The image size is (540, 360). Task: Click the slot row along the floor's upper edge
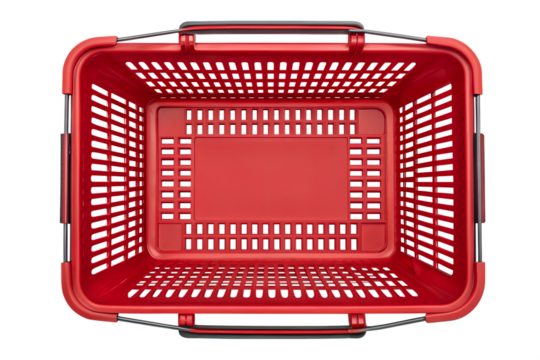(270, 121)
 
